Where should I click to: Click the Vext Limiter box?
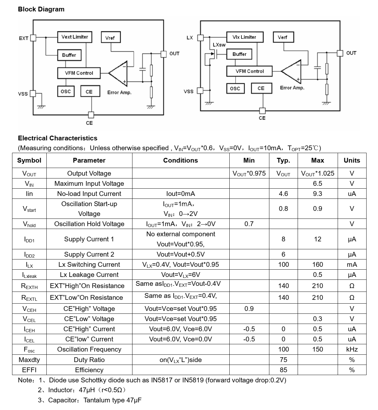coord(75,37)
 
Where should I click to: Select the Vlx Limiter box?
coord(244,37)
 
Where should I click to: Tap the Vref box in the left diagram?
coord(110,38)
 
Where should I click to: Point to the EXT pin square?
coord(33,38)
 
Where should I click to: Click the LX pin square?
coord(200,38)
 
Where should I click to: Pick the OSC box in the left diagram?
coord(66,91)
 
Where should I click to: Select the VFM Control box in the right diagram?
coord(249,71)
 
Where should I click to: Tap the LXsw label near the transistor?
coord(219,45)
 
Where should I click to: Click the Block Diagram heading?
coord(41,9)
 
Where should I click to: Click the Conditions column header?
coord(180,160)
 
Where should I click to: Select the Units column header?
coord(352,160)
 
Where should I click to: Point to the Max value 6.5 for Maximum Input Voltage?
coord(317,184)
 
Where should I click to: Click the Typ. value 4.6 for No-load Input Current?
coord(283,194)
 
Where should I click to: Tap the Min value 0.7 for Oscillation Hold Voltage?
coord(249,224)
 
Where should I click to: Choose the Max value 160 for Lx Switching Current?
coord(317,265)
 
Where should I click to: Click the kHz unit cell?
coord(352,349)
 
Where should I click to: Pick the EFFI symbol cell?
coord(29,370)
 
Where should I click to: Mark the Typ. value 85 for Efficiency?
coord(283,370)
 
